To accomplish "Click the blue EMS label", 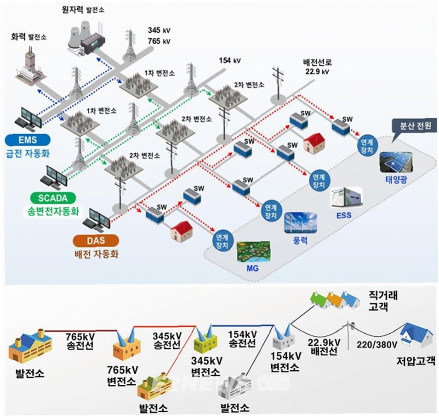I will pyautogui.click(x=27, y=138).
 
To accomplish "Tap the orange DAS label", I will pyautogui.click(x=96, y=240).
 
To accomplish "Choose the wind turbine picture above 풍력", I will pyautogui.click(x=300, y=223).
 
